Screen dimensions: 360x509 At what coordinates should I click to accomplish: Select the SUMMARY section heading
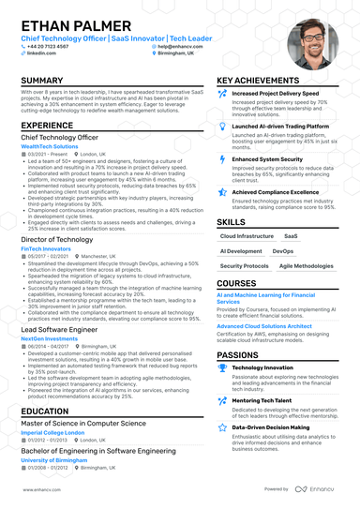tap(42, 82)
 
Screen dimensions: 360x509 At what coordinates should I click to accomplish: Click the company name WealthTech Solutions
tap(50, 146)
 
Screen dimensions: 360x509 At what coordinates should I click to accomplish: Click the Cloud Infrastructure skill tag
tap(247, 237)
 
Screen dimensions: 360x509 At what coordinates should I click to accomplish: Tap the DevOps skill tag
tap(283, 251)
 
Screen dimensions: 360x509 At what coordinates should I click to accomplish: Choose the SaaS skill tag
tap(291, 237)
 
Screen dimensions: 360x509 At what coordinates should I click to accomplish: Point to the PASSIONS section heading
tap(238, 355)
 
